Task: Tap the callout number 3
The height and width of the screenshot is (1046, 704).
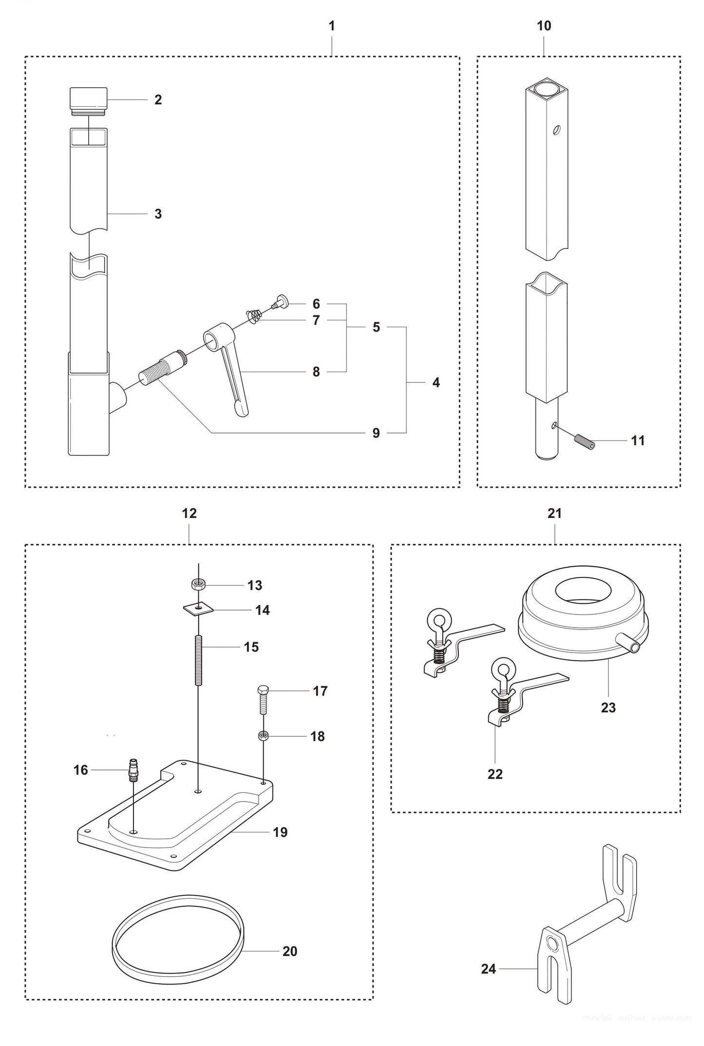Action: coord(158,214)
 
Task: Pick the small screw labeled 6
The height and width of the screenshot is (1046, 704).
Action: coord(280,301)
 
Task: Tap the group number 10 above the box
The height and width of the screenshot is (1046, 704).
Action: coord(544,26)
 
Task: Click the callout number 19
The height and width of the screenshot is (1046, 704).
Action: coord(280,832)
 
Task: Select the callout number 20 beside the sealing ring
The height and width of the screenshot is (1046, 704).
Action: coord(290,951)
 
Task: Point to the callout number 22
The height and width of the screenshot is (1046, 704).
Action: coord(495,774)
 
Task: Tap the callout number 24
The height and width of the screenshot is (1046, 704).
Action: coord(488,969)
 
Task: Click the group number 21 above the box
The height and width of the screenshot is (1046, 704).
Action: coord(554,513)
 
